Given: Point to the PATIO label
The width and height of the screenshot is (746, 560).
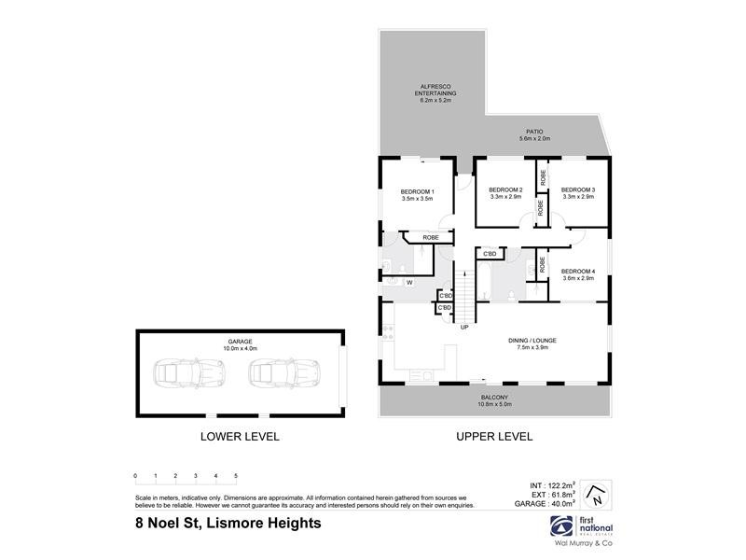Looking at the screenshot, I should click(x=534, y=132).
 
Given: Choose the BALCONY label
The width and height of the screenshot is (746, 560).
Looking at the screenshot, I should click(x=493, y=396).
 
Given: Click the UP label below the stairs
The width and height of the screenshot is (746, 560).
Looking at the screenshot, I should click(x=463, y=328).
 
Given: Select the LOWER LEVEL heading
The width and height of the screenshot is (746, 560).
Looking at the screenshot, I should click(x=240, y=436).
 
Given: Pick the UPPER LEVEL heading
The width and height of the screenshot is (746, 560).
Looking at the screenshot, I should click(x=493, y=436).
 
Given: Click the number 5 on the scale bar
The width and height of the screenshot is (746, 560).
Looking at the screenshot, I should click(x=236, y=476).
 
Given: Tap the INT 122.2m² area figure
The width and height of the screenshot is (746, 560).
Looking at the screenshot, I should click(x=550, y=485).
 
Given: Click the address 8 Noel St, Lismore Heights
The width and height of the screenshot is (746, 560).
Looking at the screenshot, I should click(x=228, y=524).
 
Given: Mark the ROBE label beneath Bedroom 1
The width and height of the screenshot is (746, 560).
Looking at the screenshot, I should click(x=430, y=238).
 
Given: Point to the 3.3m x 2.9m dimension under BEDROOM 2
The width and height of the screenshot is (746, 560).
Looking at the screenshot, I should click(x=505, y=198).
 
